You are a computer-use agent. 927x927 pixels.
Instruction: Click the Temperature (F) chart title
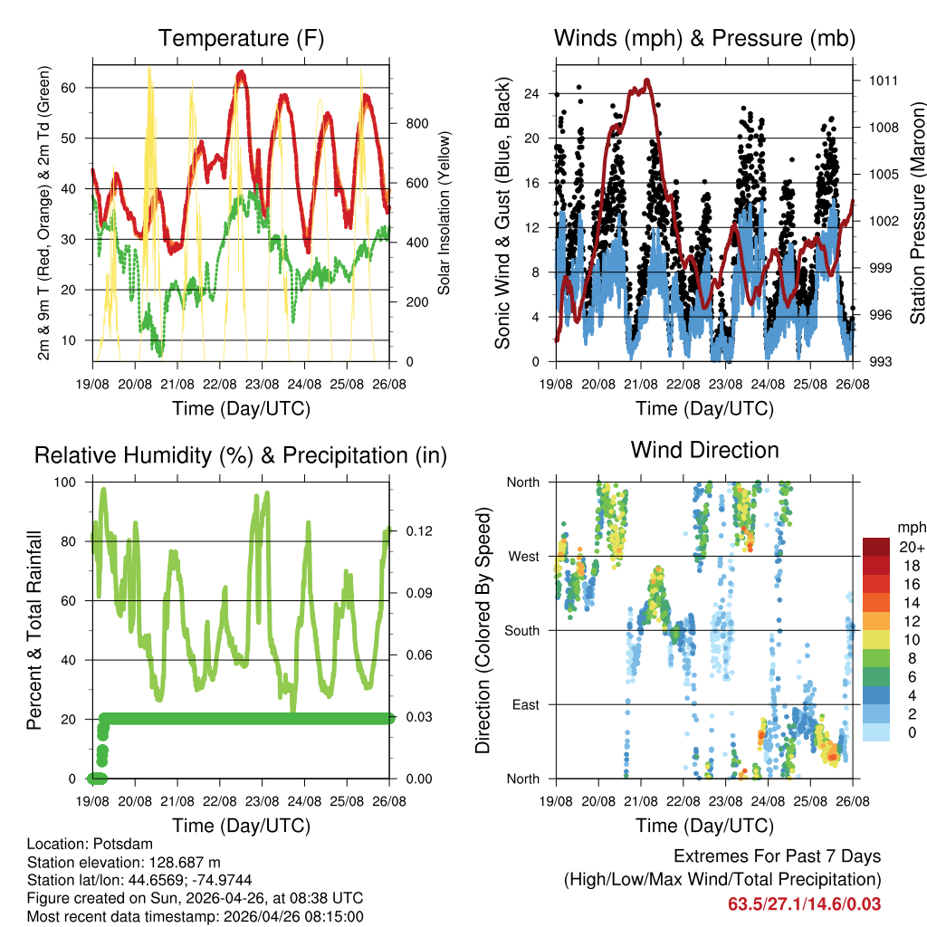(241, 38)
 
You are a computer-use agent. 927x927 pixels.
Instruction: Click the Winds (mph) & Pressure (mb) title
(704, 38)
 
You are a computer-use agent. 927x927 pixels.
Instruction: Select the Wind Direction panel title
(704, 449)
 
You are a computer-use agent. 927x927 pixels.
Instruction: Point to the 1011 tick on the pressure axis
(883, 80)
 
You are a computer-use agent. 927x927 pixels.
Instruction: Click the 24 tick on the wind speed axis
(532, 93)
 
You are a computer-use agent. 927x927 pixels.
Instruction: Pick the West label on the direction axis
(523, 556)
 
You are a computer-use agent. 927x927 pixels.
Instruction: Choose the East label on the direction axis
(525, 704)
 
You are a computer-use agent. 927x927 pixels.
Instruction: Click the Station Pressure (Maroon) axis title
(917, 213)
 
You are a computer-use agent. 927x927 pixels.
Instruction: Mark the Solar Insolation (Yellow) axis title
(444, 213)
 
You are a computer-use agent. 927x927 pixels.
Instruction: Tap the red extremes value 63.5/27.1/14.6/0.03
(804, 903)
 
